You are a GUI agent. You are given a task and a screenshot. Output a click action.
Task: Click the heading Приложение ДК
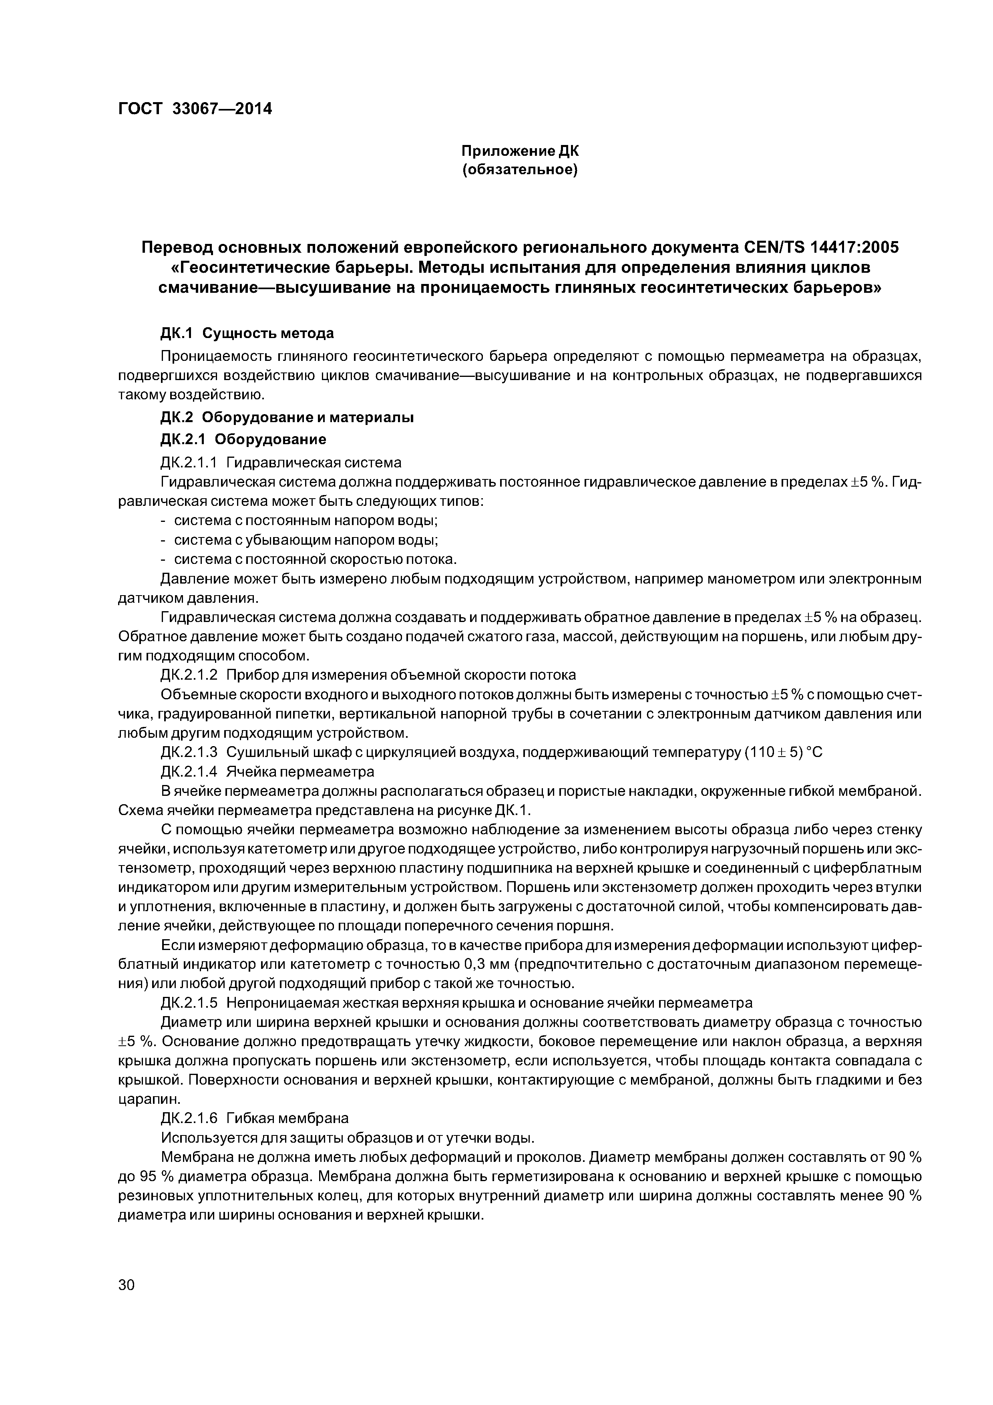click(x=519, y=150)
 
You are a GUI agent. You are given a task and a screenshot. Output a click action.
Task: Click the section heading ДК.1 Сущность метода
click(x=247, y=334)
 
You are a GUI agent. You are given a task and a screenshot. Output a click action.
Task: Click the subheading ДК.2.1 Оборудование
click(x=243, y=439)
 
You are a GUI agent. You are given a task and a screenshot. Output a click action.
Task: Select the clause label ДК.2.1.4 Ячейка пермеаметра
click(x=267, y=772)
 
